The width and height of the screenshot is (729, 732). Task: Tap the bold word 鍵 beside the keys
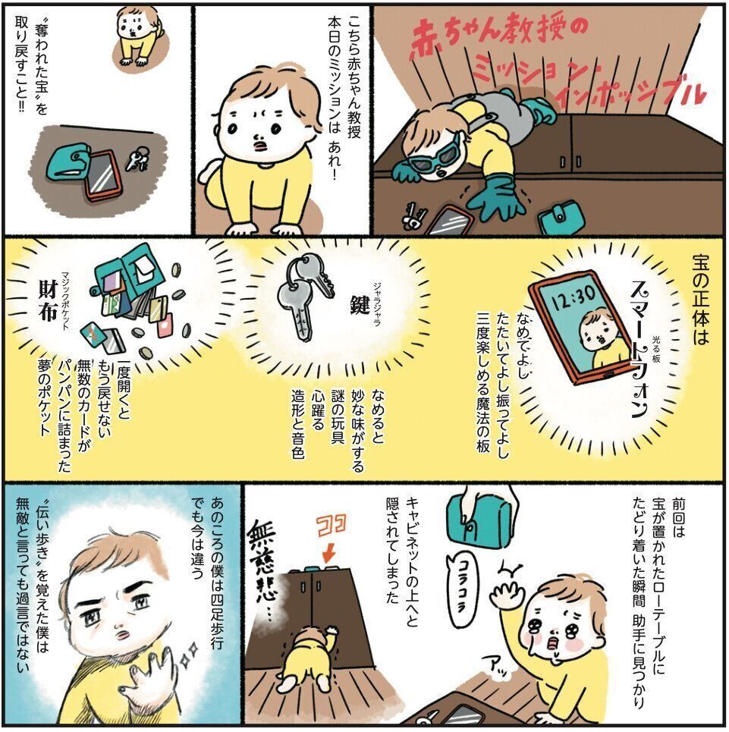point(360,304)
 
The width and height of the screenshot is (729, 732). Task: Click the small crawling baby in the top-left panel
point(134,37)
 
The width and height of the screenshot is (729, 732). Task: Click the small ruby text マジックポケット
point(65,302)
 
